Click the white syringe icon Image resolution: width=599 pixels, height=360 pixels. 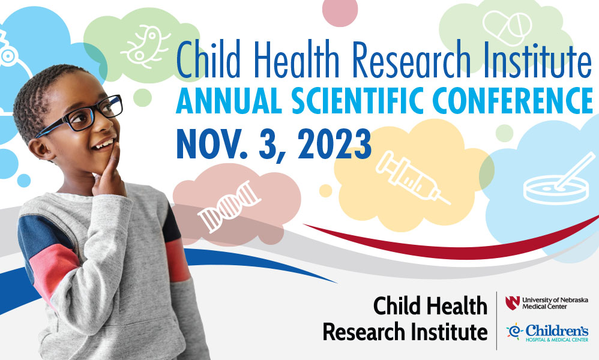(412, 177)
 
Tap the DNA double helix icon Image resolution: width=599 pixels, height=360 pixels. (229, 207)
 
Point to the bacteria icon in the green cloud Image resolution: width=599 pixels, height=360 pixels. (145, 45)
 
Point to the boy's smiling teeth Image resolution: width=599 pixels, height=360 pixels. (104, 145)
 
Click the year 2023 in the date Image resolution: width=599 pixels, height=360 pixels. (334, 144)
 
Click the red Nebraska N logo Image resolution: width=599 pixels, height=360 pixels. (513, 303)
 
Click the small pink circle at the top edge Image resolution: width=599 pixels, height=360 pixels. (340, 11)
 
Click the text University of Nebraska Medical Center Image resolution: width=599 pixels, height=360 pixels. (555, 303)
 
